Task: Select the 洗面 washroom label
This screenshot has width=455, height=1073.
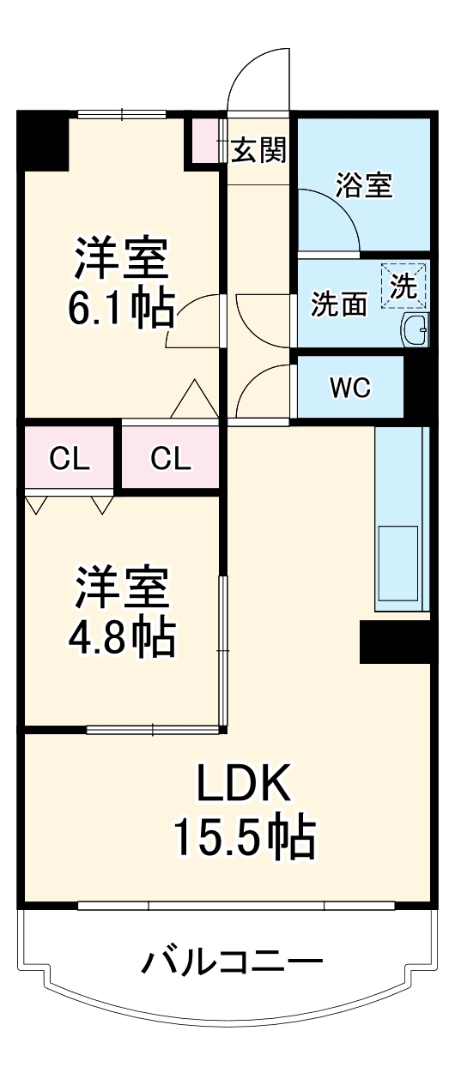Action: (x=338, y=305)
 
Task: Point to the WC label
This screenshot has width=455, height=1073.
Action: (x=349, y=388)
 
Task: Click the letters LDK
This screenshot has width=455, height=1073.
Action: (x=246, y=783)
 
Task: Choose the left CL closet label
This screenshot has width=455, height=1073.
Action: (x=70, y=458)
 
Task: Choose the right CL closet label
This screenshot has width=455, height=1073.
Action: (x=171, y=458)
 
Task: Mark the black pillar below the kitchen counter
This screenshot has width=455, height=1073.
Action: (x=393, y=642)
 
